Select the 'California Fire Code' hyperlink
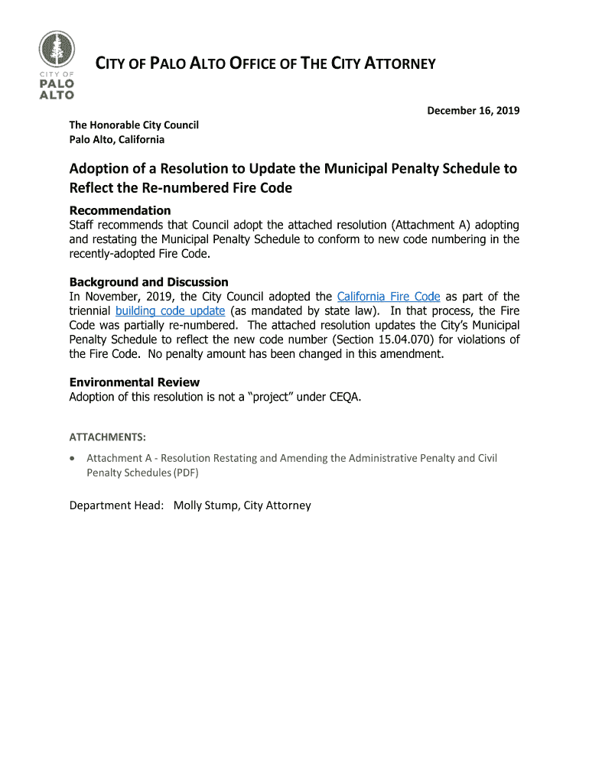point(389,297)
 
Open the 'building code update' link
point(170,311)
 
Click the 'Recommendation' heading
point(120,210)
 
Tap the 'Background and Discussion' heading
point(149,282)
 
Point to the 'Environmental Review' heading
point(135,382)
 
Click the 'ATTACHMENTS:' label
point(108,437)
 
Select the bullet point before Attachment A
point(72,459)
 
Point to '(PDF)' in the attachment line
point(185,473)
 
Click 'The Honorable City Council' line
point(134,125)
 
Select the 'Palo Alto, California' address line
point(117,139)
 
